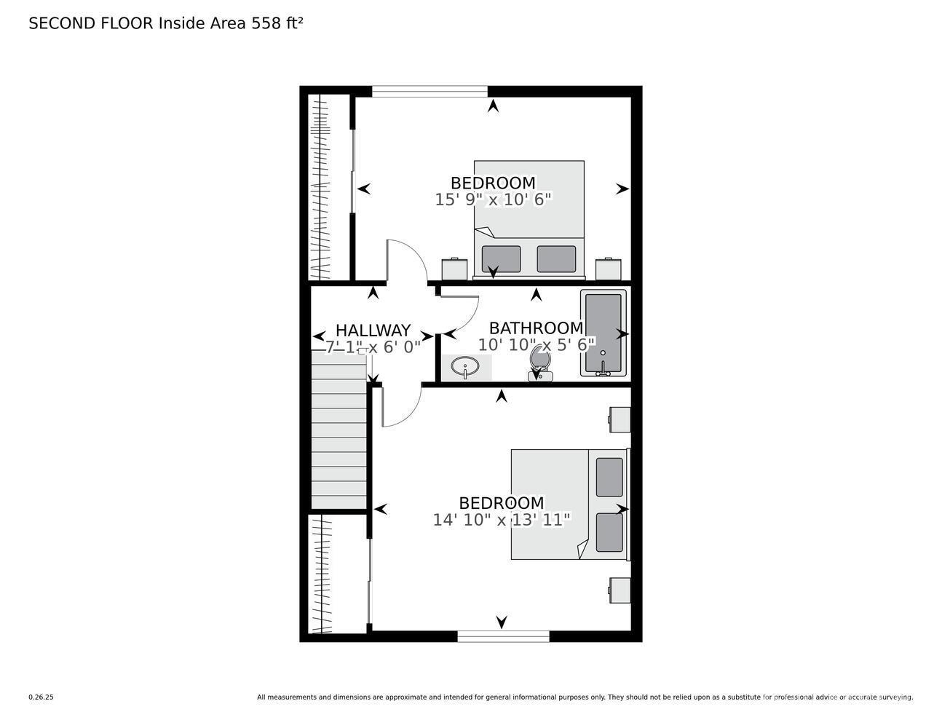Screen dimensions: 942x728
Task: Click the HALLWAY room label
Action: (373, 331)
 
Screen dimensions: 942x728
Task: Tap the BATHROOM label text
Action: (537, 328)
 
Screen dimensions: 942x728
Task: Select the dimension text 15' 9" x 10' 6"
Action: (493, 199)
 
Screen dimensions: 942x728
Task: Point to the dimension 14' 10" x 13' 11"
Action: (501, 520)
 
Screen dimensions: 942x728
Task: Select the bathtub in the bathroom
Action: (603, 333)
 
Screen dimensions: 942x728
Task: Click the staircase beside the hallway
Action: (339, 429)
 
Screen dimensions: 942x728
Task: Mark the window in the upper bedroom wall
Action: (430, 92)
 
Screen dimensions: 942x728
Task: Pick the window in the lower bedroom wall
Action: (503, 636)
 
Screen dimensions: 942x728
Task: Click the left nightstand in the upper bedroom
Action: (454, 269)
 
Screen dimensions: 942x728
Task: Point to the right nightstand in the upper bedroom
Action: (608, 269)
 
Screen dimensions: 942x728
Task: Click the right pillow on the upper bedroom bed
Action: (556, 259)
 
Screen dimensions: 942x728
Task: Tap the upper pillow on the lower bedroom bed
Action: (609, 477)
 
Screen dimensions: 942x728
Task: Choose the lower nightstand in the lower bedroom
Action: (620, 590)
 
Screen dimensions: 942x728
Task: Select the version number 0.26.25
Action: (41, 697)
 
